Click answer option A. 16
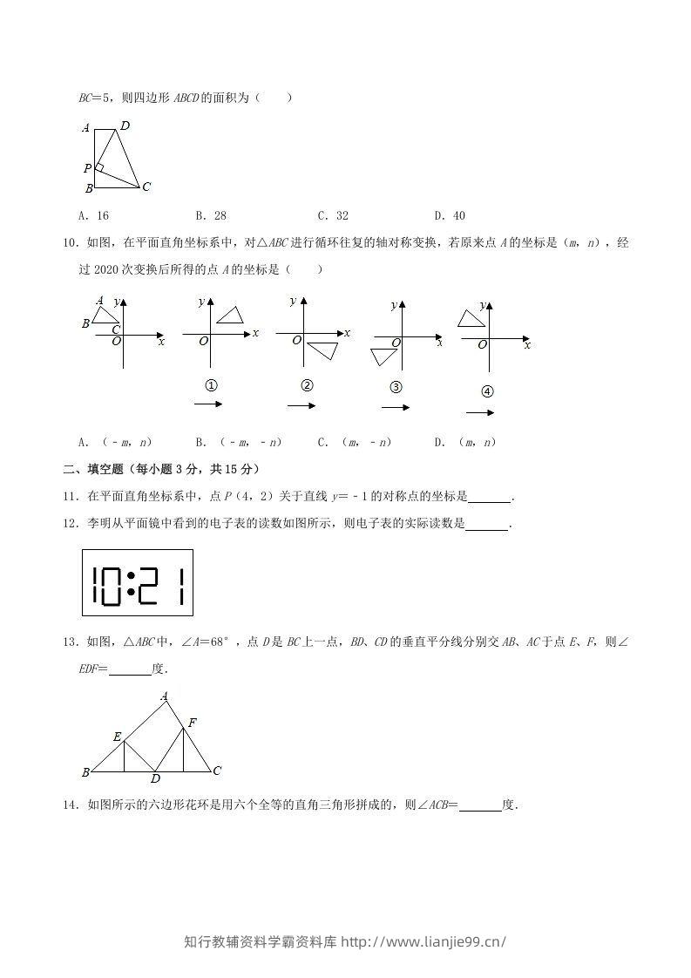(93, 216)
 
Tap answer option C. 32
(333, 216)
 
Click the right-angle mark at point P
(99, 167)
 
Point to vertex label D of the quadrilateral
(125, 126)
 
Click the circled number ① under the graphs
(210, 385)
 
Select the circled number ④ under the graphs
(487, 391)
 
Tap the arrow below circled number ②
(301, 405)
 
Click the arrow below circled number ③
(395, 407)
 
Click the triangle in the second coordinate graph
(230, 316)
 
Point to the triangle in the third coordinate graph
(323, 350)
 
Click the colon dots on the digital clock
(130, 583)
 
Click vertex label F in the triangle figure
(192, 722)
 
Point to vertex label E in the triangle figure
(117, 737)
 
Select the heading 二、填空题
(96, 469)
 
